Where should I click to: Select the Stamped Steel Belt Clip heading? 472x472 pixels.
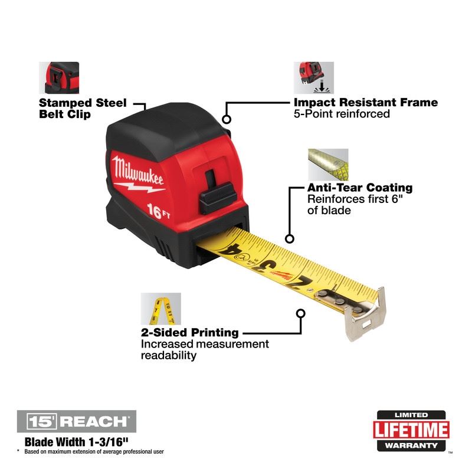[83, 109]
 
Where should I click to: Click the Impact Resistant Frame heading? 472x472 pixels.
[366, 103]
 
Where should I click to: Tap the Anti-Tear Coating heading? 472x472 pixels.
[360, 188]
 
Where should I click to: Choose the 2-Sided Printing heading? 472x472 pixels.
[189, 333]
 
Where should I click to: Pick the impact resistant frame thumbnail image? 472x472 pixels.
[313, 77]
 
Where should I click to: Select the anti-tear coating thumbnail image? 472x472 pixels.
[328, 164]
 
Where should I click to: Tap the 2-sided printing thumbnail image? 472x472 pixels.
[160, 309]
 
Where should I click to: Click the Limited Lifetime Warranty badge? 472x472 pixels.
[411, 430]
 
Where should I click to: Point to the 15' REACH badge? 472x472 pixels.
[77, 421]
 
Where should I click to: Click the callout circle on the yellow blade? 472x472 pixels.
[289, 239]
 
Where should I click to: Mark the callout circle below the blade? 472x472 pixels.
[300, 314]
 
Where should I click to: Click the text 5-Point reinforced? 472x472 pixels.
[342, 114]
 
